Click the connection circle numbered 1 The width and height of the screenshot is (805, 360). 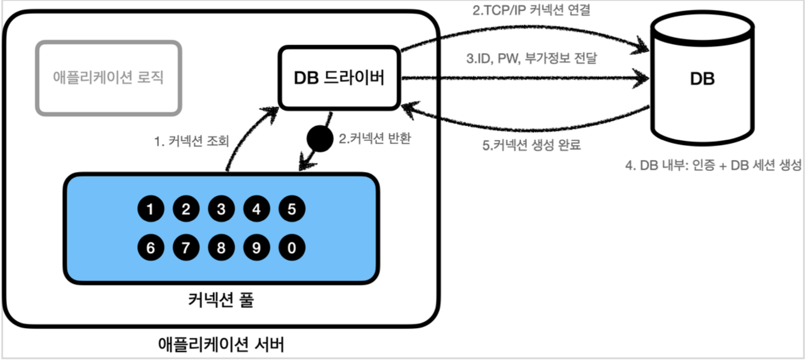(151, 209)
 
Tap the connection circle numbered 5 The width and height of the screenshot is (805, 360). (292, 209)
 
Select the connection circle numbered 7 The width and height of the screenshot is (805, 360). (186, 247)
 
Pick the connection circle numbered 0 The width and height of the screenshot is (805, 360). (292, 247)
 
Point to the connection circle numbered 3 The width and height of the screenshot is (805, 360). (221, 209)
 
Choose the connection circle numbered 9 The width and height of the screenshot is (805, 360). (256, 247)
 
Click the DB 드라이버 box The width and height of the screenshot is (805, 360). (339, 78)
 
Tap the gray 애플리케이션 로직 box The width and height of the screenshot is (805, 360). (108, 78)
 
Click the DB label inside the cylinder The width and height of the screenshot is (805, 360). (702, 79)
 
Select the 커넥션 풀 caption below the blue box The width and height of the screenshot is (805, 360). (221, 300)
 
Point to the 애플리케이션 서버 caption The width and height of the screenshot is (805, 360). (221, 344)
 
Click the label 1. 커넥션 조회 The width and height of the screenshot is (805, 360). (192, 141)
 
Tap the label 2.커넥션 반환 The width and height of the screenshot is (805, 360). (375, 138)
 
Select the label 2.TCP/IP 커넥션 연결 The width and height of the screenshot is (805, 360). (531, 10)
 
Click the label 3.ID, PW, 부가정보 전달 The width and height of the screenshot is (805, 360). (531, 58)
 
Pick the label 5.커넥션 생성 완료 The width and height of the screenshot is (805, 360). (531, 145)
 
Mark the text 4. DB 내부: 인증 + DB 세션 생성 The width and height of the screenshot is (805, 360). (713, 165)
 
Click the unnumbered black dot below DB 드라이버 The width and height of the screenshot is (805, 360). (320, 139)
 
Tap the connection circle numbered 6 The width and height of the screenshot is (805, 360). (151, 247)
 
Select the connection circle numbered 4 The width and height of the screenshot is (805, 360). (256, 209)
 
